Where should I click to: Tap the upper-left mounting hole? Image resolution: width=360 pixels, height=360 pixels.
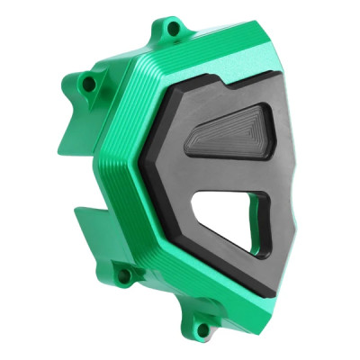point(88,84)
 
